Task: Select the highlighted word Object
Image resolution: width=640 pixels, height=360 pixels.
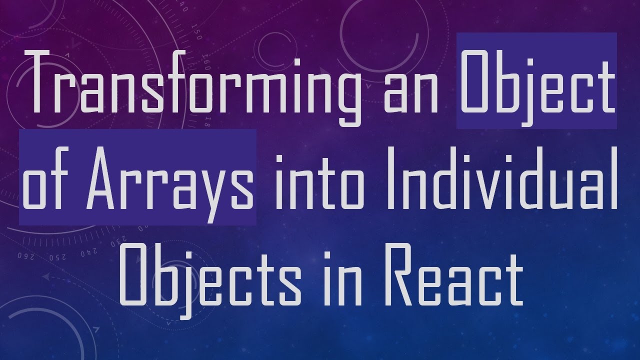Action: (x=536, y=82)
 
